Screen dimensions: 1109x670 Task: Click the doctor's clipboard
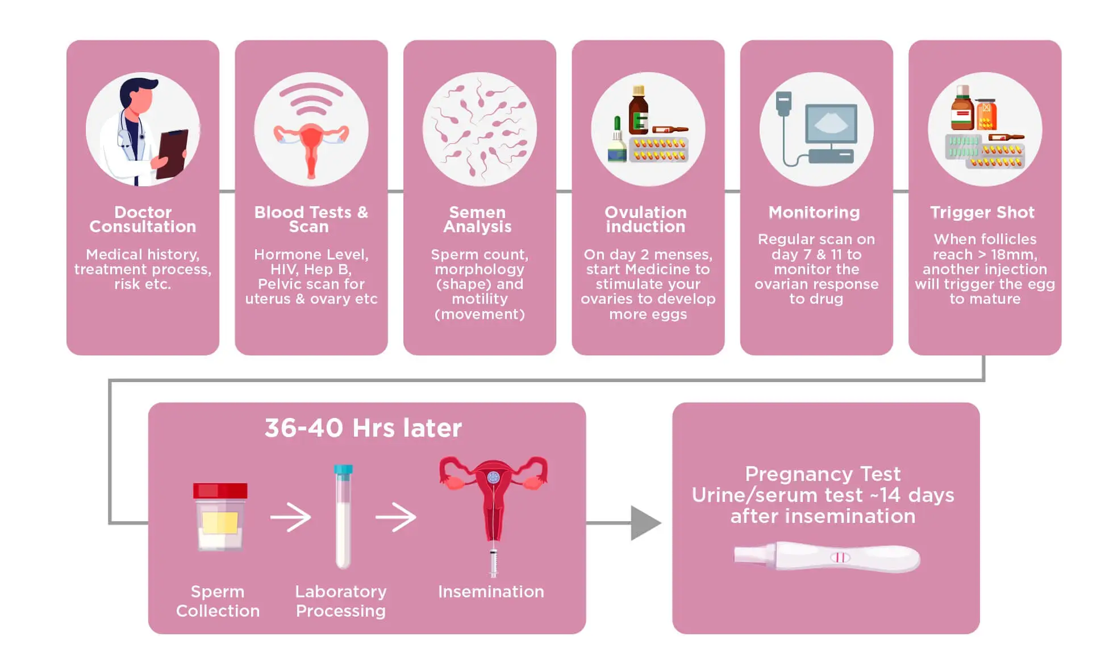(x=173, y=153)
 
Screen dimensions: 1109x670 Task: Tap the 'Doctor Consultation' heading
(x=143, y=219)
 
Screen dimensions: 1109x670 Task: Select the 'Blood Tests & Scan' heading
(x=311, y=219)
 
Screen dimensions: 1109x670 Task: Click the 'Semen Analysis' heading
(x=478, y=219)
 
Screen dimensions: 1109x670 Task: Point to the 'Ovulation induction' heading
(x=646, y=219)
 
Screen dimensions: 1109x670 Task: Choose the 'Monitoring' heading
(x=814, y=212)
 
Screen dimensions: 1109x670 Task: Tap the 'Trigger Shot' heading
(x=982, y=212)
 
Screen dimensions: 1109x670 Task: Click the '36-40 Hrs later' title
(x=363, y=428)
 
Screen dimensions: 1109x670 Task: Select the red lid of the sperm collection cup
(x=220, y=491)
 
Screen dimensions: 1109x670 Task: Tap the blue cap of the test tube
(x=343, y=470)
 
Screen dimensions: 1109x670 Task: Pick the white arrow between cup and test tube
(x=290, y=517)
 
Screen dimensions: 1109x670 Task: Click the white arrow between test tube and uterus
(x=395, y=517)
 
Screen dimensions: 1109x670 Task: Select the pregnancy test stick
(x=827, y=556)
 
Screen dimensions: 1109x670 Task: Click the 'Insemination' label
(x=491, y=592)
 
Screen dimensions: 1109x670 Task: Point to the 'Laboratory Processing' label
(x=341, y=601)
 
